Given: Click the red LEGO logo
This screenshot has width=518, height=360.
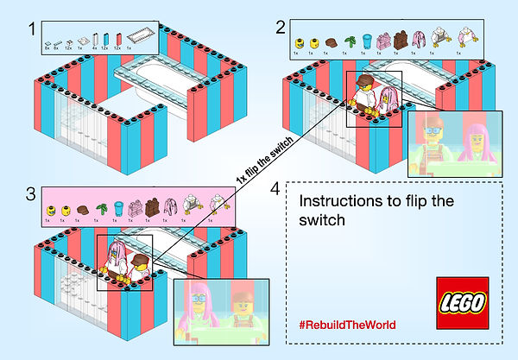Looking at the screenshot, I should point(463,303).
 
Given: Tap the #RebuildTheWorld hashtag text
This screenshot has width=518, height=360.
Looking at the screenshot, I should point(348,325).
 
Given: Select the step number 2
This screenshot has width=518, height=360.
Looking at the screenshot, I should point(280,27).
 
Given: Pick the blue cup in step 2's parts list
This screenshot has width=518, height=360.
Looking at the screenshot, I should point(367,39).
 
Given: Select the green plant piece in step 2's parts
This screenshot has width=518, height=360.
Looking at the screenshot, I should point(349,40).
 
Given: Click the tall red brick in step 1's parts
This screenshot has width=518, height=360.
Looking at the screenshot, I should point(104,38).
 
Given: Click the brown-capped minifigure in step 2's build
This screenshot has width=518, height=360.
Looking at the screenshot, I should point(367,97).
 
